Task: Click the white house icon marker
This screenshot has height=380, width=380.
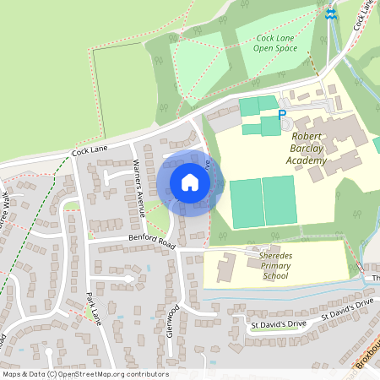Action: pyautogui.click(x=190, y=182)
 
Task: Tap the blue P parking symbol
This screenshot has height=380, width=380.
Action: pyautogui.click(x=282, y=115)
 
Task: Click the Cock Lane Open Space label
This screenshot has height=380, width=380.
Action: pyautogui.click(x=276, y=42)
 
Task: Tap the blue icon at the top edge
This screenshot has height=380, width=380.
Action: pyautogui.click(x=331, y=13)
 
